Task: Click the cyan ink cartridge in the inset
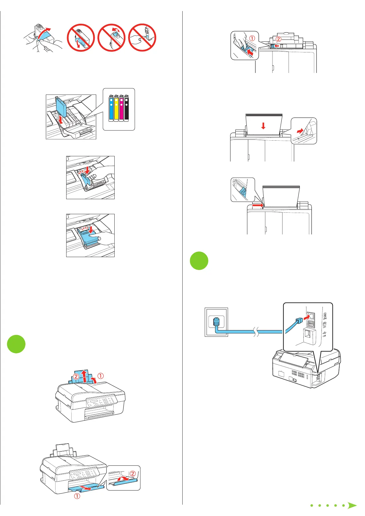[x=111, y=109]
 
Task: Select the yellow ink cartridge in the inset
[x=116, y=109]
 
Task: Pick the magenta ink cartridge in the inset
[x=121, y=109]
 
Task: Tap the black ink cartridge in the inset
[x=126, y=109]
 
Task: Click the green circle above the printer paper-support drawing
[x=16, y=344]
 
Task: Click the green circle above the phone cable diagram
[x=199, y=261]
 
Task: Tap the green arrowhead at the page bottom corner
[x=352, y=506]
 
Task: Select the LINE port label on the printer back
[x=325, y=316]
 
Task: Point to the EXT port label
[x=325, y=325]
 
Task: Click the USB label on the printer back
[x=325, y=334]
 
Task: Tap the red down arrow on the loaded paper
[x=263, y=126]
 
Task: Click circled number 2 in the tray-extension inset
[x=133, y=474]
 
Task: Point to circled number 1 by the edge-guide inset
[x=252, y=39]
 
